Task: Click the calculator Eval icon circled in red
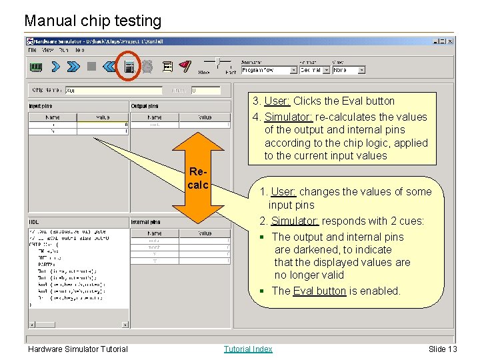pyautogui.click(x=129, y=67)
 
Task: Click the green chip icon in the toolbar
pyautogui.click(x=36, y=67)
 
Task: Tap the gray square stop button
pyautogui.click(x=91, y=67)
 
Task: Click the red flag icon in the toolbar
pyautogui.click(x=185, y=67)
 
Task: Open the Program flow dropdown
pyautogui.click(x=269, y=70)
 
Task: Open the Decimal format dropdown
pyautogui.click(x=313, y=70)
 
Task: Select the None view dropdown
pyautogui.click(x=349, y=70)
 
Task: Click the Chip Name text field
pyautogui.click(x=113, y=90)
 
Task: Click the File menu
pyautogui.click(x=32, y=50)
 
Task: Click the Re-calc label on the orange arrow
pyautogui.click(x=198, y=179)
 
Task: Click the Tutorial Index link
pyautogui.click(x=248, y=349)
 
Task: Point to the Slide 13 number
pyautogui.click(x=443, y=349)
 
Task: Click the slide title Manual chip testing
pyautogui.click(x=93, y=21)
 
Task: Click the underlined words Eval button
pyautogui.click(x=319, y=291)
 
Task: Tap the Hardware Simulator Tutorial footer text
pyautogui.click(x=77, y=349)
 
